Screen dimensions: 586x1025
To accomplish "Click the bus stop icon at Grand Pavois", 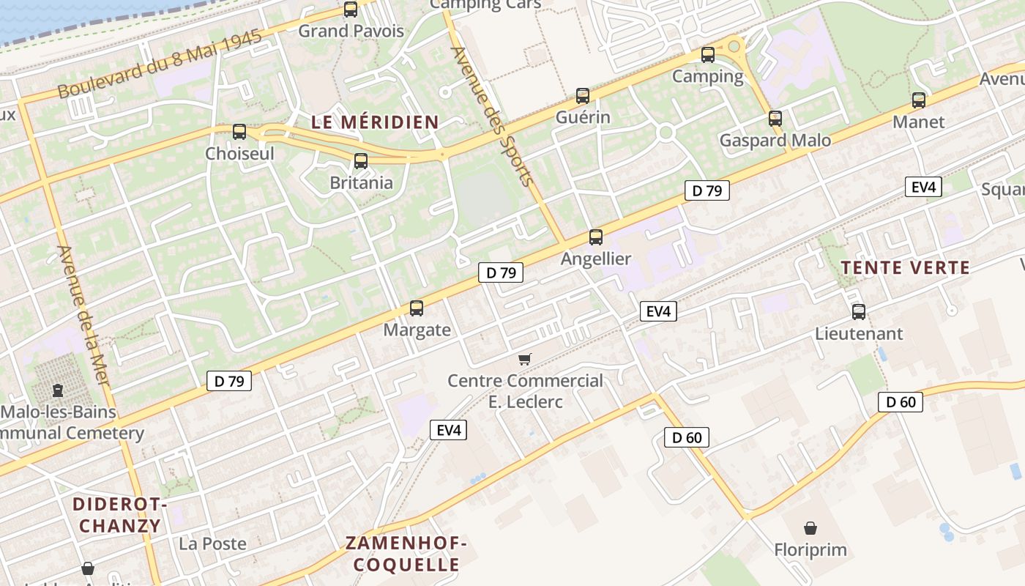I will (x=351, y=10).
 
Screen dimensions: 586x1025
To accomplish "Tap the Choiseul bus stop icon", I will (x=239, y=132).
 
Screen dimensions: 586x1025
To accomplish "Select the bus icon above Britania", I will (x=361, y=161).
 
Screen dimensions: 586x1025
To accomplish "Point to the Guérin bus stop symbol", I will (x=583, y=96).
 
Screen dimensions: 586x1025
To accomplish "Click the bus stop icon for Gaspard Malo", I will (x=775, y=119).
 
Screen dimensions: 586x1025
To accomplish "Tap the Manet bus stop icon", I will (x=919, y=100).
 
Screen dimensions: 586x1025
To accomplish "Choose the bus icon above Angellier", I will (x=596, y=237).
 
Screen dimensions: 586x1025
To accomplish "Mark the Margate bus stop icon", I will (x=417, y=308).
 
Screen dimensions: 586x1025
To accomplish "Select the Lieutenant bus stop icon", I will (x=859, y=312).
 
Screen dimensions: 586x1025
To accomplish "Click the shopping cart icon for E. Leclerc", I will (x=524, y=359).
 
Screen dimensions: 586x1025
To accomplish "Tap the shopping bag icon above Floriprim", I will (x=810, y=528).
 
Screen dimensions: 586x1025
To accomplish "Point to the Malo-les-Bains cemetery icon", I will (x=58, y=390).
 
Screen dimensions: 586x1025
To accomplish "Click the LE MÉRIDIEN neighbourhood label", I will (x=375, y=122).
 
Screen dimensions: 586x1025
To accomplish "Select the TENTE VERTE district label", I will (x=905, y=268).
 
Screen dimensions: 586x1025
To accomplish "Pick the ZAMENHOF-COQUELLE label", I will (x=406, y=554).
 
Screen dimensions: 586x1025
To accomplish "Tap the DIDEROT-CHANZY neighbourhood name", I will (x=120, y=515).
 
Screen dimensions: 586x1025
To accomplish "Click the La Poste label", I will (x=212, y=544).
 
